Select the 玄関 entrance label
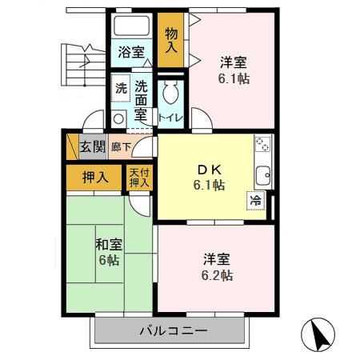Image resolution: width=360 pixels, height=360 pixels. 92,146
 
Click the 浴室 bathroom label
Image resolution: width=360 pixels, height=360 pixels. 131,53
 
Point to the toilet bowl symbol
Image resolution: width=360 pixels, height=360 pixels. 170,95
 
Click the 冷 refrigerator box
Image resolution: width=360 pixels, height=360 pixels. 256,201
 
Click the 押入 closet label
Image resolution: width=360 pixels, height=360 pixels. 94,178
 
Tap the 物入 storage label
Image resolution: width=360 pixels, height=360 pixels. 171,40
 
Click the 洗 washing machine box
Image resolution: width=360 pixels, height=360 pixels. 119,89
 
